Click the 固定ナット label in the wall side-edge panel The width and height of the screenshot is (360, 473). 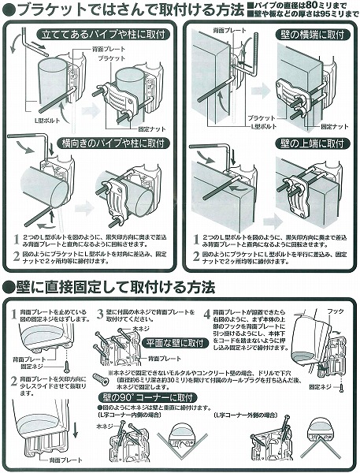coord(334,126)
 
